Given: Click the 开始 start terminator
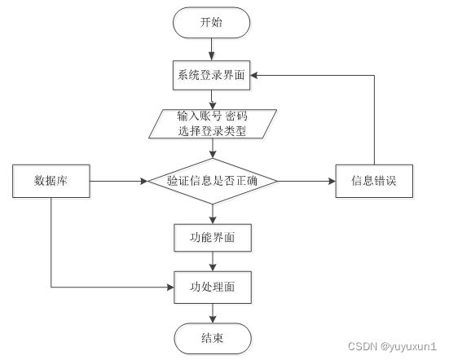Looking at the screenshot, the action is tap(211, 23).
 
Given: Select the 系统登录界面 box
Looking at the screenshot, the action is tap(211, 75).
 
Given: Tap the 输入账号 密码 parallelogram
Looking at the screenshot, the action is tap(213, 124).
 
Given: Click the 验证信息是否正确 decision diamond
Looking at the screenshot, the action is tap(213, 181).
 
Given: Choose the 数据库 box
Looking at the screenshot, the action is tap(51, 181).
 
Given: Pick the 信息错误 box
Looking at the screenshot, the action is tap(374, 181).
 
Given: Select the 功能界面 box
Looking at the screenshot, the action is tap(213, 238).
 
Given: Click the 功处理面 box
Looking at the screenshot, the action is tap(213, 288).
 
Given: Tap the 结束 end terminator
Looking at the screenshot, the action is tap(213, 339).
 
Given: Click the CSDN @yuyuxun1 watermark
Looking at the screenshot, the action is tap(392, 346).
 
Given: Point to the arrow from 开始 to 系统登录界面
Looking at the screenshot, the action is tap(211, 49).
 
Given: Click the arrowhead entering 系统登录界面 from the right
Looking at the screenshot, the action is tap(254, 75).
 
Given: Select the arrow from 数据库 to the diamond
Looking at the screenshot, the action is tap(119, 181).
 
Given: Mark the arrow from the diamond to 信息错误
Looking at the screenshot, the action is tap(306, 181).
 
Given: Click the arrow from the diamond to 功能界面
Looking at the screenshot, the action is tap(213, 214).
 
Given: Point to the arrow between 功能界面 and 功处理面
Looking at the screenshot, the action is tap(213, 261).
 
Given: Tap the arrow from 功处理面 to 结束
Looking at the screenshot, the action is tap(213, 314).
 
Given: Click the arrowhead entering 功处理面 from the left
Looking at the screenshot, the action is tap(170, 287).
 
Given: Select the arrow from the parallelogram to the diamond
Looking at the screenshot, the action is tap(213, 148).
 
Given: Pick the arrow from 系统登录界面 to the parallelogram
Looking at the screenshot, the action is tap(212, 99).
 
